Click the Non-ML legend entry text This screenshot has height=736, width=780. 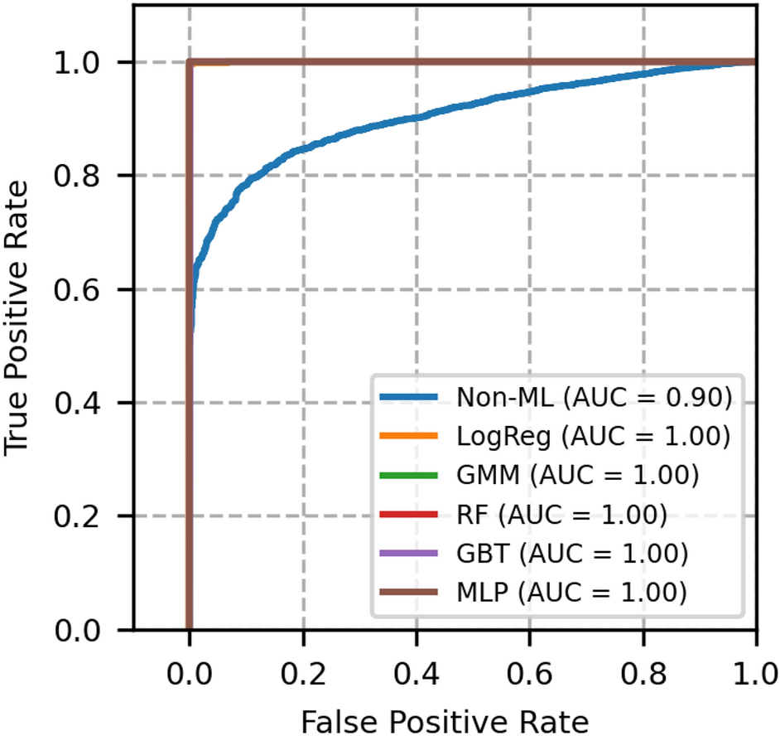pyautogui.click(x=594, y=399)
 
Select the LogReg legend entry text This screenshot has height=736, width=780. pyautogui.click(x=594, y=437)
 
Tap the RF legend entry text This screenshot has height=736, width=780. pyautogui.click(x=561, y=514)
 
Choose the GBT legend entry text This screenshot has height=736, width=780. pyautogui.click(x=572, y=552)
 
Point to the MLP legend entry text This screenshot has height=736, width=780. pyautogui.click(x=572, y=591)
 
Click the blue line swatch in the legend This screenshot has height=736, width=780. pyautogui.click(x=411, y=399)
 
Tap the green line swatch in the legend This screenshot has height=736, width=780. pyautogui.click(x=411, y=476)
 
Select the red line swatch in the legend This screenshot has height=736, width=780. pyautogui.click(x=411, y=515)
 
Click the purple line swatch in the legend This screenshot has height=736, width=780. pyautogui.click(x=411, y=553)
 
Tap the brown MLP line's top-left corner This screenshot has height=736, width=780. pyautogui.click(x=190, y=62)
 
